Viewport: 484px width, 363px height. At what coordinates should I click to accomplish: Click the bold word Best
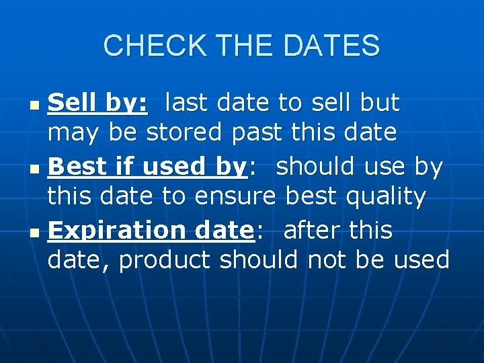(73, 167)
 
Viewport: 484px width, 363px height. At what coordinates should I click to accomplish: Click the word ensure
(235, 196)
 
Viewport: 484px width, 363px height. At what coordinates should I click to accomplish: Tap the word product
(165, 260)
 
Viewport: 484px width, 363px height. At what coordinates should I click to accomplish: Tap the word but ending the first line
(380, 103)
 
